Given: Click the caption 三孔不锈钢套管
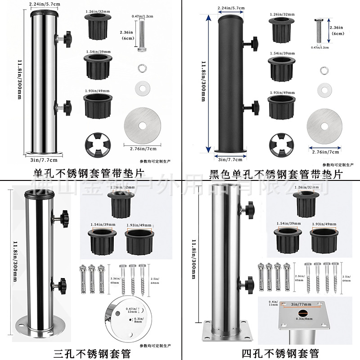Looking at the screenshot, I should click(90, 353).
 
